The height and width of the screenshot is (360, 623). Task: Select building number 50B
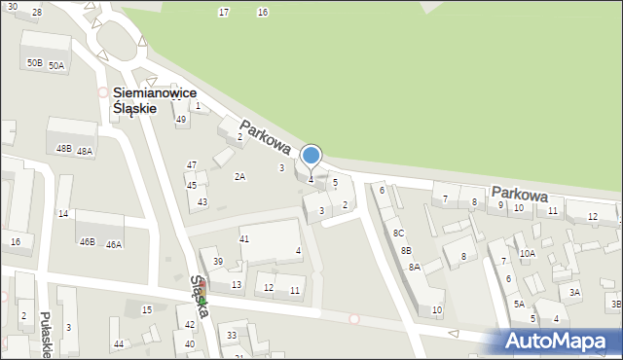click(x=34, y=63)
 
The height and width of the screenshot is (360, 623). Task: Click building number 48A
click(x=85, y=152)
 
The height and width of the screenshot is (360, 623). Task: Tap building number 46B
click(x=87, y=241)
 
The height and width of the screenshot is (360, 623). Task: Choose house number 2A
click(x=239, y=177)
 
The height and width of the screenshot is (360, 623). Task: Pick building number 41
click(x=244, y=238)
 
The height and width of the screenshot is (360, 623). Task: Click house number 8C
click(x=398, y=234)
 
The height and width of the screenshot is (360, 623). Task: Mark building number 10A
click(x=527, y=253)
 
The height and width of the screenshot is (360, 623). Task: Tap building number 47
click(x=192, y=165)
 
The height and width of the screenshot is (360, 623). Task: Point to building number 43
click(x=202, y=202)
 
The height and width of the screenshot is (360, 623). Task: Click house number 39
click(x=218, y=262)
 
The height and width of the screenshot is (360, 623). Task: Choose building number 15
click(x=147, y=309)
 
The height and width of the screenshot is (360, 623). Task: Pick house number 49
click(x=181, y=120)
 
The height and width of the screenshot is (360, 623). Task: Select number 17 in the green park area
click(x=224, y=12)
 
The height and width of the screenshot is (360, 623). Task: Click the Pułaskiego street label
click(x=46, y=335)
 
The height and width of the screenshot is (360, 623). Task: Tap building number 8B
click(x=405, y=250)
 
